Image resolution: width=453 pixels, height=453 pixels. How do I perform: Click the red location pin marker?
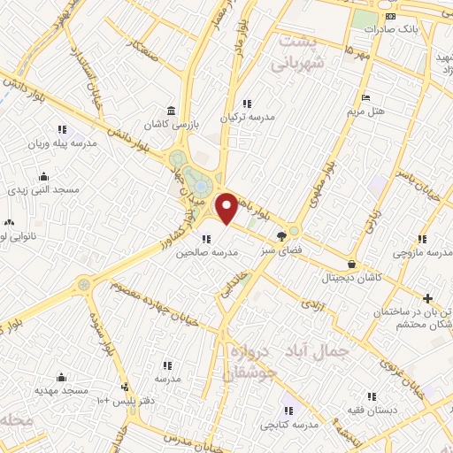(227, 208)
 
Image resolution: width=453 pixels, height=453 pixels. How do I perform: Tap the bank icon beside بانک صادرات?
(390, 16)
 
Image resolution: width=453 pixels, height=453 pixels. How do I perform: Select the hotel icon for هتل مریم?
(365, 97)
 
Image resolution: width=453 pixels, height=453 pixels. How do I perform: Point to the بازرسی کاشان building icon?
(171, 111)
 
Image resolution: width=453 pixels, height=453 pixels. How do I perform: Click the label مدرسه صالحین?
(207, 252)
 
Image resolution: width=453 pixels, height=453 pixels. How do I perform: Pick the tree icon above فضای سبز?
(281, 236)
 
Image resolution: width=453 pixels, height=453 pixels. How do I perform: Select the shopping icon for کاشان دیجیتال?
(353, 264)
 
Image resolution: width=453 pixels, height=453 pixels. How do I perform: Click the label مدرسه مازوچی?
(422, 254)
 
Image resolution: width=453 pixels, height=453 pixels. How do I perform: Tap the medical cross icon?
(428, 298)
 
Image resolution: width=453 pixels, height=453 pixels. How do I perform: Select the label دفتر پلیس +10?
(124, 401)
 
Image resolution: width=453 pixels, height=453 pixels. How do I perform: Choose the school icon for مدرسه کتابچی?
(288, 411)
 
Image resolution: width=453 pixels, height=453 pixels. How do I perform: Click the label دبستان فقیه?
(372, 411)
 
